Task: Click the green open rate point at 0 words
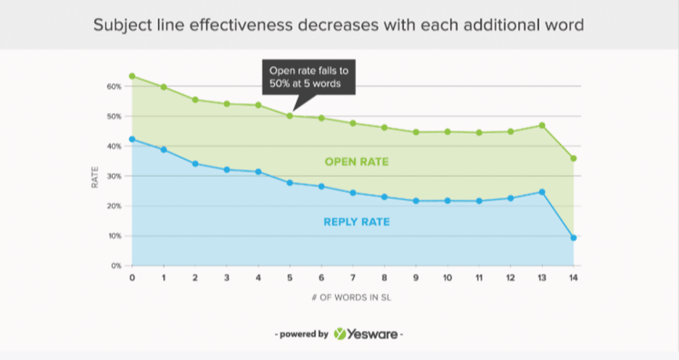coord(132,76)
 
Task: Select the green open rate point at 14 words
coord(574,158)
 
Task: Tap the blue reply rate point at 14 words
coord(574,237)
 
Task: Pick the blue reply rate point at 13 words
coord(542,192)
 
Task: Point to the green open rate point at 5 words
coord(289,115)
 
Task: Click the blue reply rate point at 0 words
coord(132,139)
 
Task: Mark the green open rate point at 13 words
coord(542,126)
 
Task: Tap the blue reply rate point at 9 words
coord(416,200)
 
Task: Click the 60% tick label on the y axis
coord(113,86)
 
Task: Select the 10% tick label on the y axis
coord(113,236)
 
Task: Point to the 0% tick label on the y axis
coord(115,266)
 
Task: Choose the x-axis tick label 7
coord(353,278)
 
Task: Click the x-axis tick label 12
coord(511,278)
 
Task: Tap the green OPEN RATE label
coord(356,162)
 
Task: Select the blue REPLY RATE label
coord(356,221)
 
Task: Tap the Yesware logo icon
coord(341,335)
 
